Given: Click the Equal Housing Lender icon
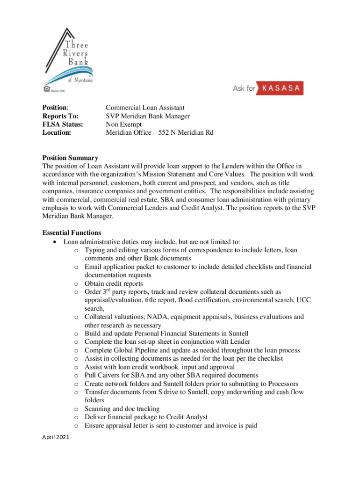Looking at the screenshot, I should click(x=46, y=87).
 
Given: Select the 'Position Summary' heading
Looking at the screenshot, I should click(x=70, y=158).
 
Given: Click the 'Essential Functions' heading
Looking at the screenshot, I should click(x=72, y=232).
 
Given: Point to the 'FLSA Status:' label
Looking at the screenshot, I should click(x=63, y=124).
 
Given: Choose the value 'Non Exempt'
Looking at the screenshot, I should click(x=123, y=124).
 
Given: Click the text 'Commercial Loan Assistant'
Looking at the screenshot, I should click(x=145, y=108).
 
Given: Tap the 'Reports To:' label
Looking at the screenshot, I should click(x=60, y=116).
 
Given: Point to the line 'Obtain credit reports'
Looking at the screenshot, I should click(x=114, y=283).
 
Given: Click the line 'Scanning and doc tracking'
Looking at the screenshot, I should click(x=122, y=409).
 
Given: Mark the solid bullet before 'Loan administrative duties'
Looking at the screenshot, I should click(x=56, y=242).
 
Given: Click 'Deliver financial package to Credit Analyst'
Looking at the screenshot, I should click(x=146, y=417).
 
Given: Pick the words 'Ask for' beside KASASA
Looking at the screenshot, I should click(x=245, y=88).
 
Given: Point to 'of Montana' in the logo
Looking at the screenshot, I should click(x=79, y=80).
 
